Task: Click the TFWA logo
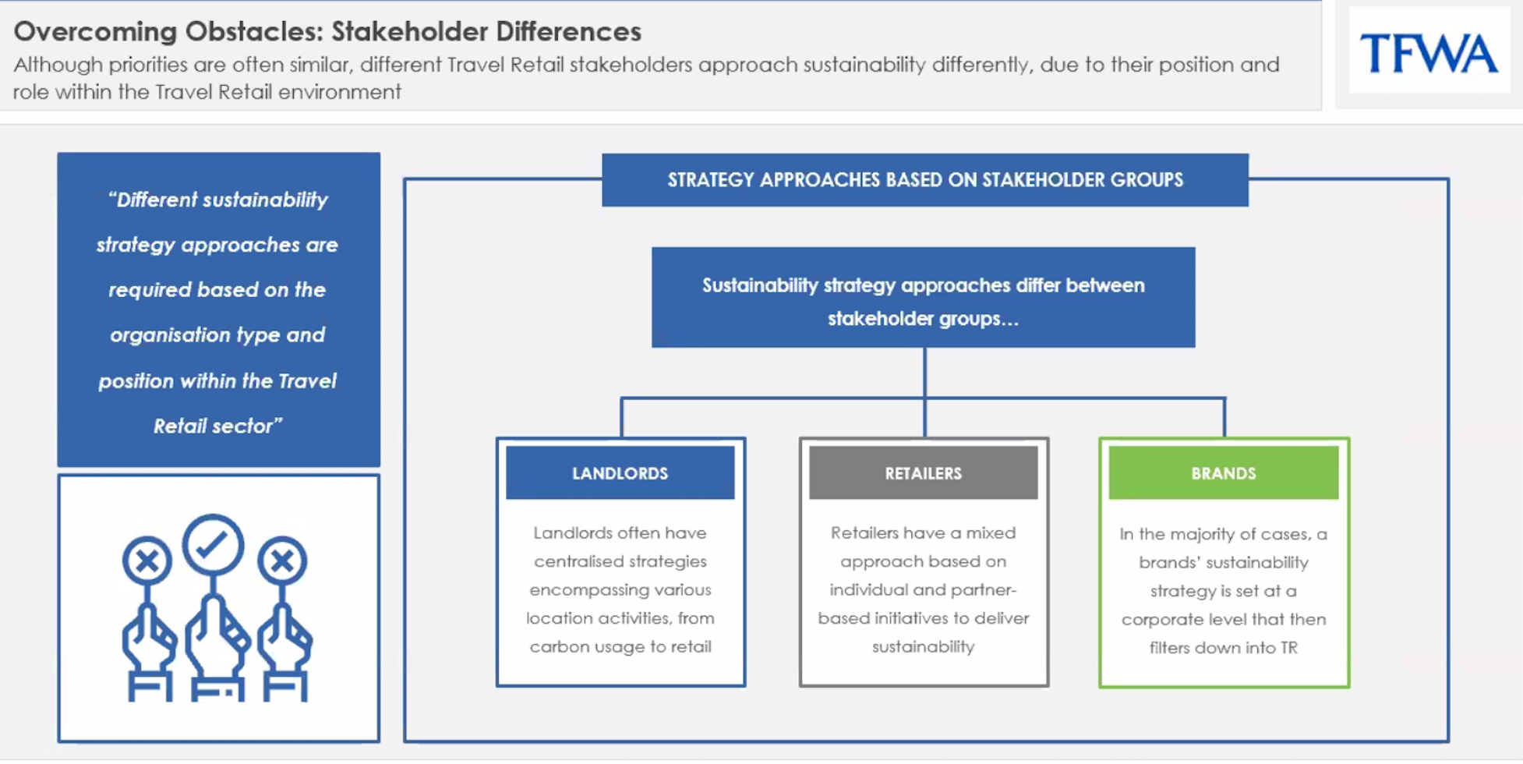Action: click(1429, 53)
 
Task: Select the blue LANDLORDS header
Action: click(620, 473)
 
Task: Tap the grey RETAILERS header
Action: click(923, 473)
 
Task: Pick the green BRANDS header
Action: click(1223, 473)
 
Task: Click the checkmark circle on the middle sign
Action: click(213, 545)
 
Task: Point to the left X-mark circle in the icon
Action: click(147, 561)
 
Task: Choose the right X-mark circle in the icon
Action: click(282, 561)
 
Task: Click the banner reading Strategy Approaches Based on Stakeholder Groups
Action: click(924, 180)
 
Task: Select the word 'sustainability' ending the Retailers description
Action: click(923, 646)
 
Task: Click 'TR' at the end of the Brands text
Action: click(1288, 648)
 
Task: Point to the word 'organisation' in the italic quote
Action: click(162, 335)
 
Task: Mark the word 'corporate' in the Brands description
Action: click(1162, 620)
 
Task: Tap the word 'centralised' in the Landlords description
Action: click(578, 561)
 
